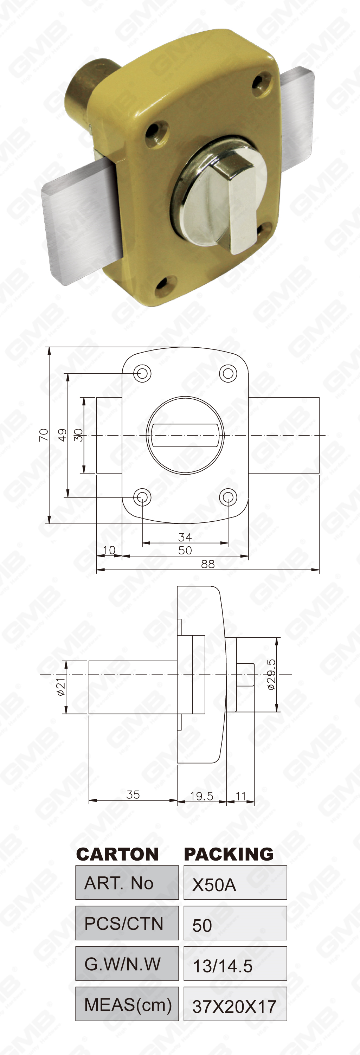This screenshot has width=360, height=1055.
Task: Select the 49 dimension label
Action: (x=62, y=435)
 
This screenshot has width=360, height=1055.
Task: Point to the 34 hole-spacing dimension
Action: (x=185, y=537)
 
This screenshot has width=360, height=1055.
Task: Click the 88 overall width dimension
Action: (x=208, y=564)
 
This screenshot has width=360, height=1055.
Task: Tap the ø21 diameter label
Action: (x=60, y=687)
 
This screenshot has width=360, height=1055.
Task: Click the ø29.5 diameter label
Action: (x=271, y=675)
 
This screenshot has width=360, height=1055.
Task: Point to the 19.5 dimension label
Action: (x=201, y=796)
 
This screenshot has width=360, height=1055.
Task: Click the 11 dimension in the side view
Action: (x=240, y=796)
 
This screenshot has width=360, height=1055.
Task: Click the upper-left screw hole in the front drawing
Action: (x=142, y=373)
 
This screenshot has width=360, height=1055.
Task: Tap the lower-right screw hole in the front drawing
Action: (x=228, y=497)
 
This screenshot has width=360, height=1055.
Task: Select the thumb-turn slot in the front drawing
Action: (x=185, y=435)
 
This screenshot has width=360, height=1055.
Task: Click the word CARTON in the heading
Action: (x=117, y=854)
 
